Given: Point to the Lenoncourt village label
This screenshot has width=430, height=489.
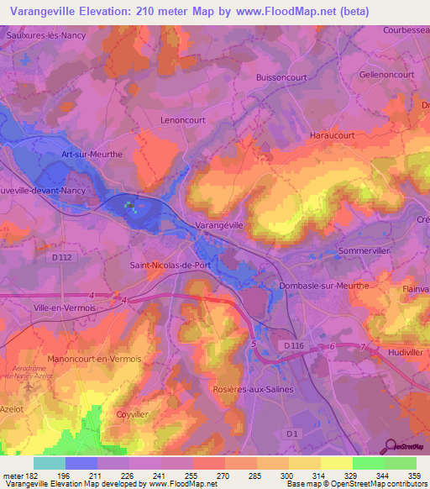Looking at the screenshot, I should [x=182, y=120].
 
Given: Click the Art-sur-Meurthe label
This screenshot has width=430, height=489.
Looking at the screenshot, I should [x=92, y=155].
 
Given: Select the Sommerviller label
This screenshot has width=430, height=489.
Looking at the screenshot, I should [x=365, y=251].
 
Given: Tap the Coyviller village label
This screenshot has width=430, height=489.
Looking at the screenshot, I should [x=132, y=413].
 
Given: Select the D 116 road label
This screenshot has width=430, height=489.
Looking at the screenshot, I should [x=293, y=345].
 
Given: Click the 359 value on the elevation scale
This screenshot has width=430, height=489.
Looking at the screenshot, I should [x=403, y=476].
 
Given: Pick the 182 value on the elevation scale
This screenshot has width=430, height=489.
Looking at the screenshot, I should [x=27, y=476].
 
